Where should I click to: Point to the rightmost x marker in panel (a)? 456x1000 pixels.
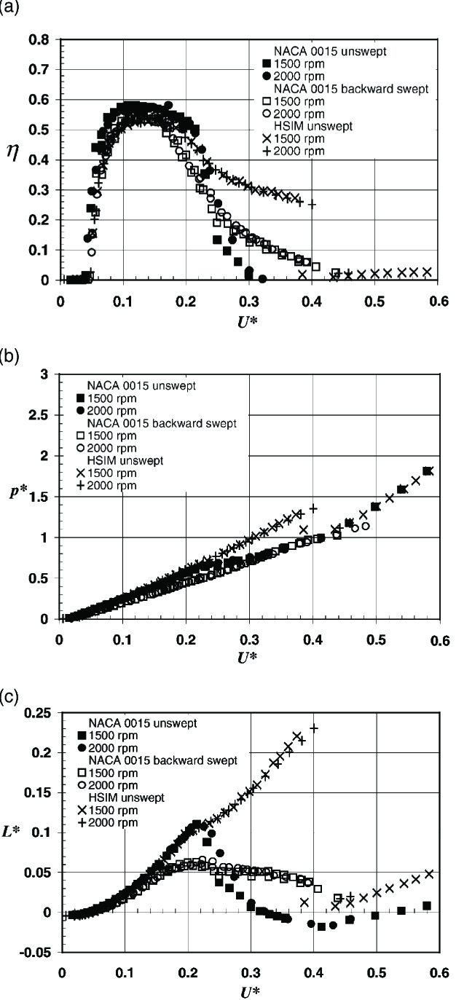[427, 272]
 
